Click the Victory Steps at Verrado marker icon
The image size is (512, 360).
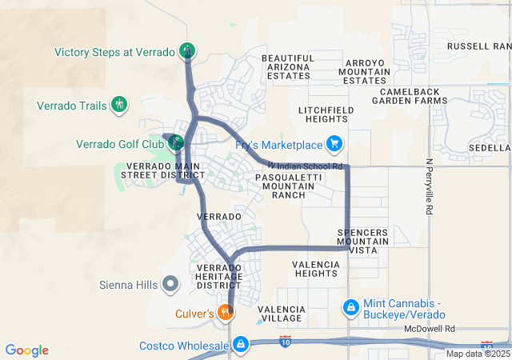[x=186, y=50]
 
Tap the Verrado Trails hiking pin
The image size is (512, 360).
[x=118, y=104]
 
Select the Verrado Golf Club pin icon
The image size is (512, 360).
[x=174, y=143]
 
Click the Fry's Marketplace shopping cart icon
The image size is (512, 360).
[x=334, y=144]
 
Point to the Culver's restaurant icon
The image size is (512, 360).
[x=227, y=313]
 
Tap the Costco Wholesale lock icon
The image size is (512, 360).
[x=239, y=345]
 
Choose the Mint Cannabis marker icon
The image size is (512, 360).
[x=350, y=307]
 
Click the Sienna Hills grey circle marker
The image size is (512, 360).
[x=170, y=283]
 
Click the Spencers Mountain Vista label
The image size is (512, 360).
[x=362, y=241]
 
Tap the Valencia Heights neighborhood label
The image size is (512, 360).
[x=315, y=269]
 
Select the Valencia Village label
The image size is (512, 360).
[x=280, y=313]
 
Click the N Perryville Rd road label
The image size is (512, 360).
[x=429, y=186]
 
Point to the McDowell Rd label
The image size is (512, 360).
[x=429, y=329]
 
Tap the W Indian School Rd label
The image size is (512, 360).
[x=306, y=166]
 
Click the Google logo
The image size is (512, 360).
[x=27, y=350]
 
